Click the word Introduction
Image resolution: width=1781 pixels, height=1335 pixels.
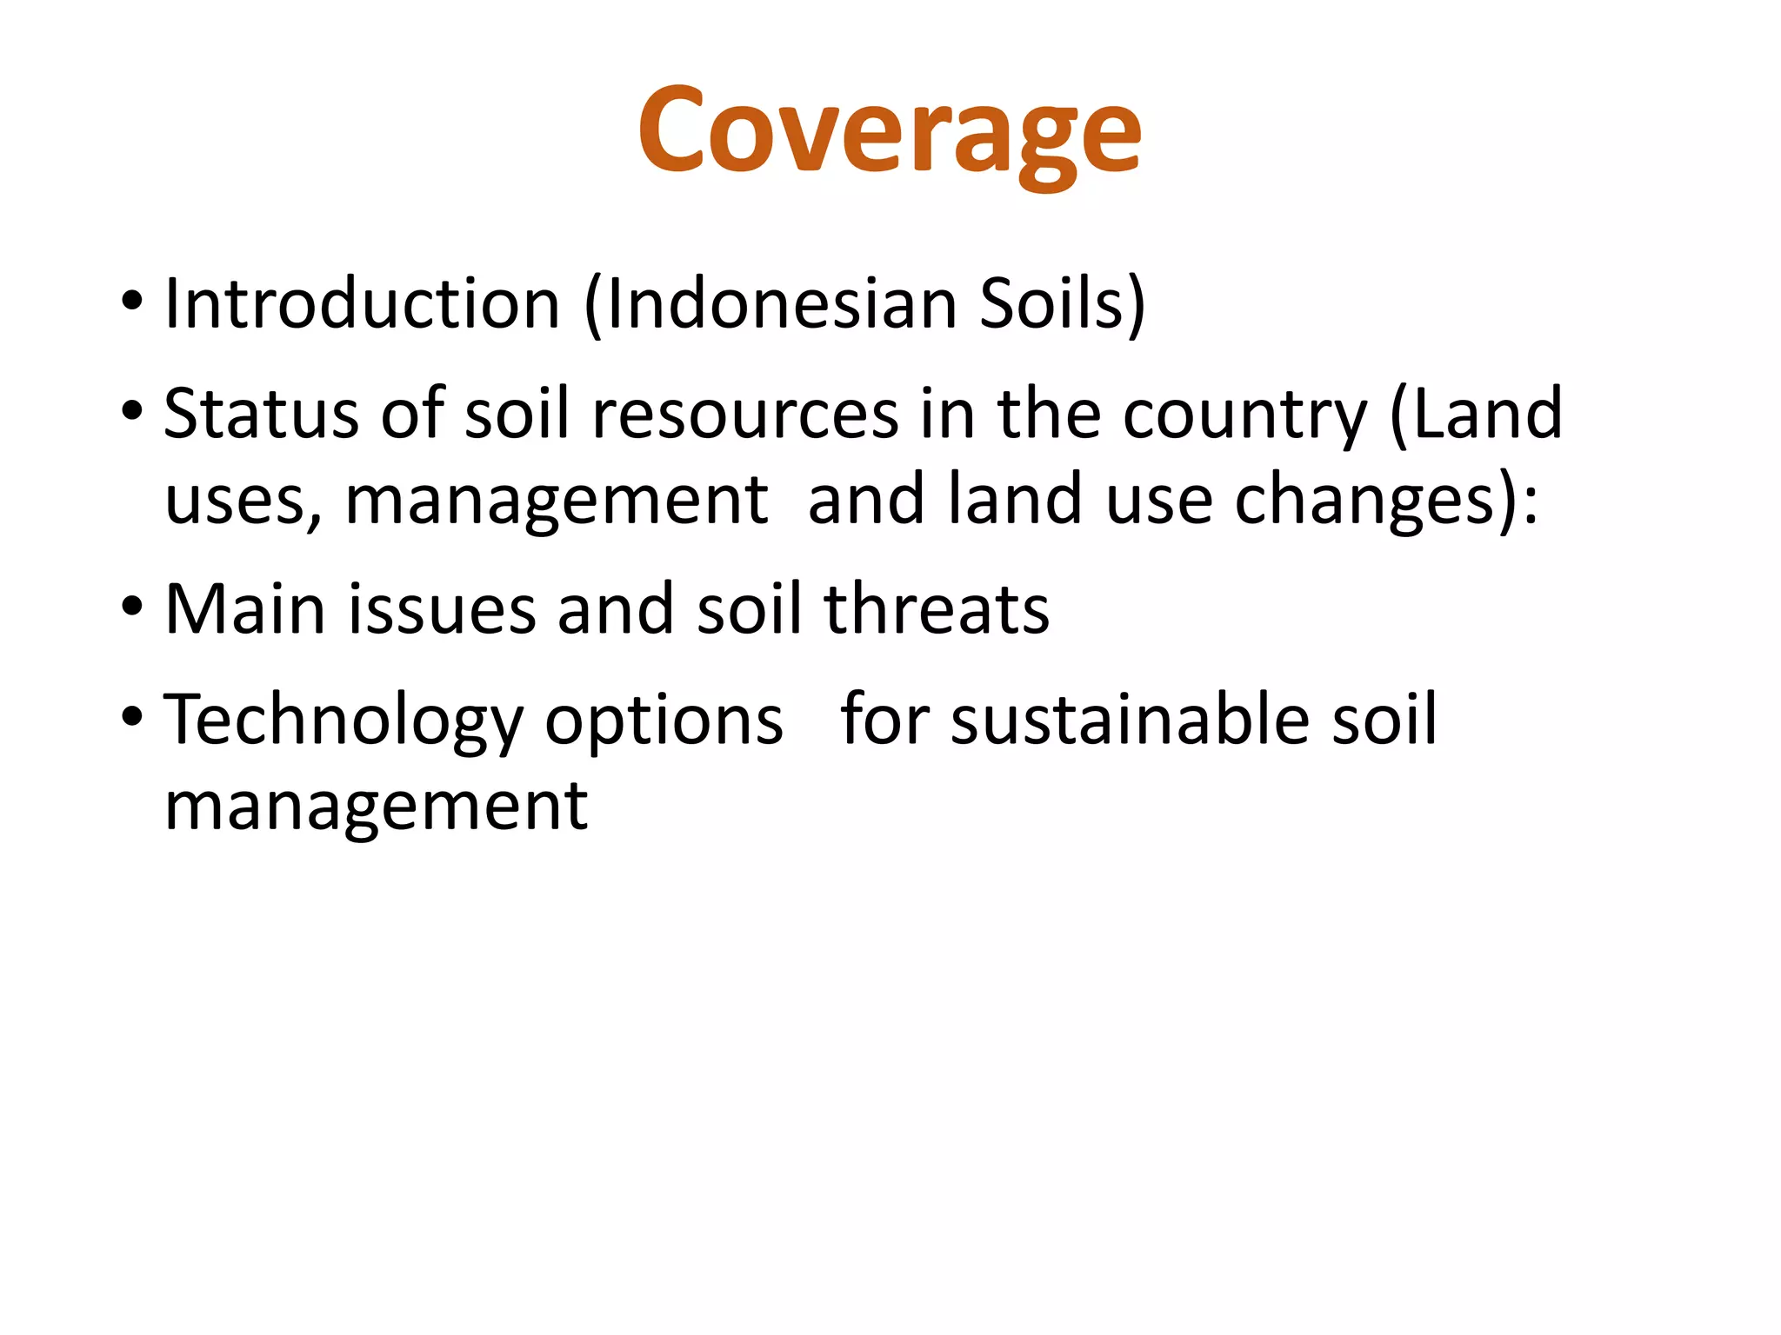[x=362, y=303]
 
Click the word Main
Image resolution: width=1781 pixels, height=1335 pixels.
[x=245, y=609]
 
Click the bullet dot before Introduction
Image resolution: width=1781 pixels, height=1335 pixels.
[x=131, y=303]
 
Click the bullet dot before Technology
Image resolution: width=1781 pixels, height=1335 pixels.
[x=131, y=718]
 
